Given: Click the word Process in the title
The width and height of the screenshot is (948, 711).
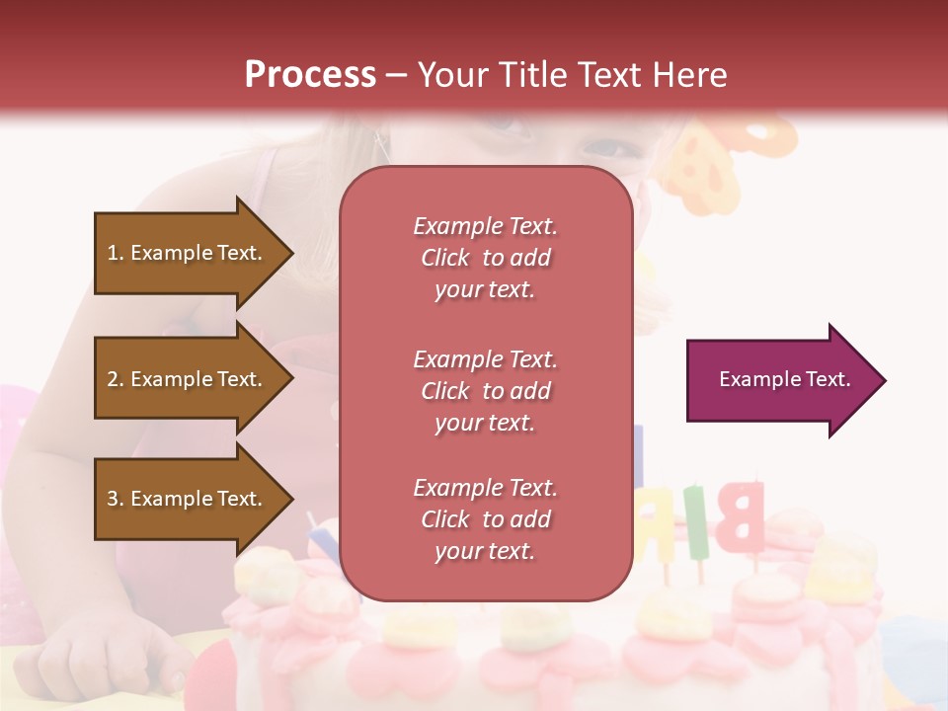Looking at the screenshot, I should click(310, 74).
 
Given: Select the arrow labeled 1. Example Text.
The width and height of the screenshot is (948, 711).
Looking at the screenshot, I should click(188, 253).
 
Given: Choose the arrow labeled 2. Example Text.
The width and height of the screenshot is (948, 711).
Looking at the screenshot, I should click(188, 379).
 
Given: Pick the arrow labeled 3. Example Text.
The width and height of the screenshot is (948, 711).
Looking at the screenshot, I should click(188, 499).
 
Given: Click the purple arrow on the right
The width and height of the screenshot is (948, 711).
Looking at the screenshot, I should click(780, 380).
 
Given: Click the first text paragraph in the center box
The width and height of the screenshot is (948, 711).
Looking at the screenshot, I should click(485, 258).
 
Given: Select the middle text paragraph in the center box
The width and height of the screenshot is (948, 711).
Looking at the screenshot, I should click(485, 391).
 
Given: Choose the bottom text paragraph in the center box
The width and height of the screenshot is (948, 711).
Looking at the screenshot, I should click(485, 519).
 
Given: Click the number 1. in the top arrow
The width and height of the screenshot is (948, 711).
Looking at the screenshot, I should click(116, 253).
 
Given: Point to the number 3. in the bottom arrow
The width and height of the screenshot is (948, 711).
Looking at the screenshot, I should click(116, 499).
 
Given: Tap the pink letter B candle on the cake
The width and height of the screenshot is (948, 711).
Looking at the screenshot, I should click(739, 516).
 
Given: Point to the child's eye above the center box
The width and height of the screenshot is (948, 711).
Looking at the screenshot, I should click(602, 148).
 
